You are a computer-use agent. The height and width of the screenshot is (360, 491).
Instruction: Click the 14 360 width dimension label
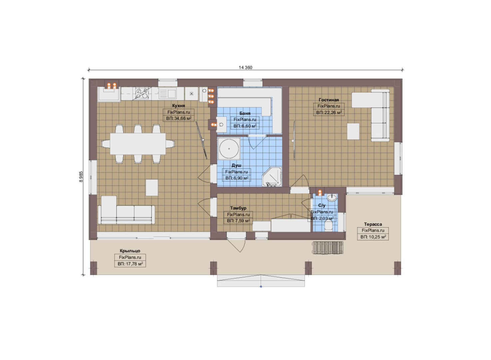click(x=245, y=68)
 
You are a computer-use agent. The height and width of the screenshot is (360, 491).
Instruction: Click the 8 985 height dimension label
click(x=81, y=177)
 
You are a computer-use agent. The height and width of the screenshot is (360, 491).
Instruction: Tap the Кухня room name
click(x=179, y=106)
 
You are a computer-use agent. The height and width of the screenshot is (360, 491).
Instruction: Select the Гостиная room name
click(x=329, y=100)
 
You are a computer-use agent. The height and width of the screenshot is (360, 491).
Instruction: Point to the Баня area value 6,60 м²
click(x=245, y=126)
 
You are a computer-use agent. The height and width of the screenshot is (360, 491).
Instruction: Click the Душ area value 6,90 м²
click(x=237, y=178)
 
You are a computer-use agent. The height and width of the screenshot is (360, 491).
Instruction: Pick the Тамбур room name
click(x=238, y=208)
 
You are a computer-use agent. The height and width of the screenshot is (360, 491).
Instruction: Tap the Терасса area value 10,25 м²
click(x=373, y=237)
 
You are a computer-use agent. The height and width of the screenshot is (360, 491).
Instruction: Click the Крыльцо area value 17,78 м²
click(x=130, y=264)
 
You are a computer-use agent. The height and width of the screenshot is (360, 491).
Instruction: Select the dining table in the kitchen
click(x=138, y=144)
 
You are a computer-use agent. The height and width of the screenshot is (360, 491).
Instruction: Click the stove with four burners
click(x=142, y=93)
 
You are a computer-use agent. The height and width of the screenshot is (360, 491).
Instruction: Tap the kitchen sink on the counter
click(x=168, y=93)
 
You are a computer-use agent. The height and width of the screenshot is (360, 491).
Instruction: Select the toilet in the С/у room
click(x=328, y=225)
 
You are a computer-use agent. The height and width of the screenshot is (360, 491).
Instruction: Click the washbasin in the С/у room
click(x=332, y=197)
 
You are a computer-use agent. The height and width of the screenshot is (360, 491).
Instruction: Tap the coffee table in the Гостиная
click(x=353, y=131)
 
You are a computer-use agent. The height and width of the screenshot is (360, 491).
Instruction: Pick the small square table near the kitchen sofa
click(x=152, y=188)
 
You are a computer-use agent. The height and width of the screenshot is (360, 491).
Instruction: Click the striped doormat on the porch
click(x=328, y=248)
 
